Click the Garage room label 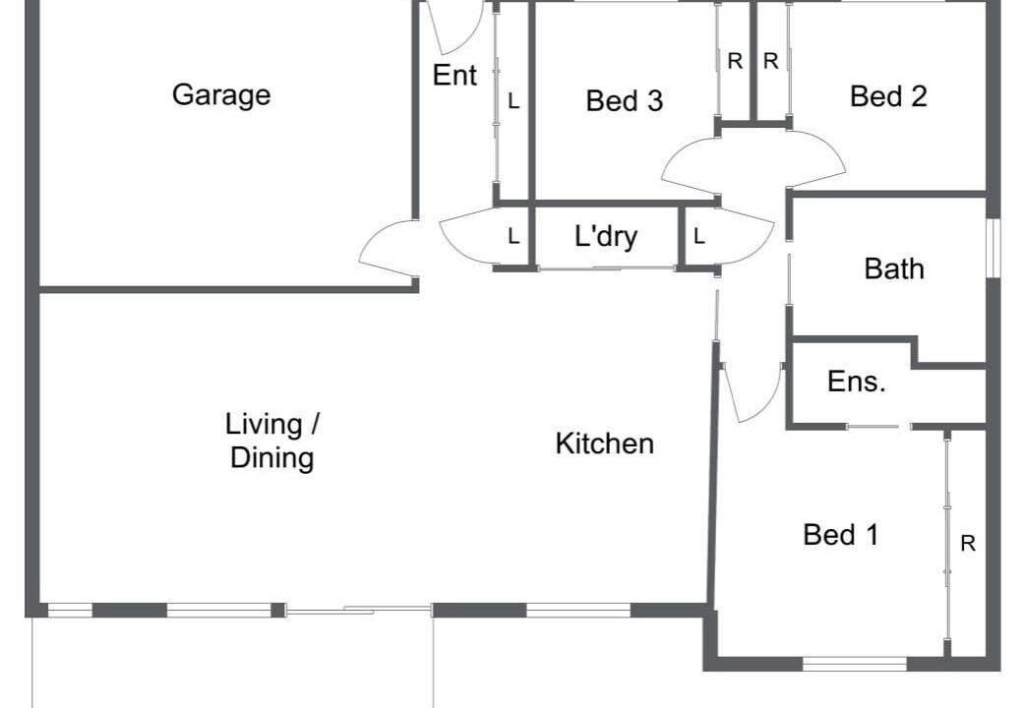click(x=221, y=95)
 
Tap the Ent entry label click(x=455, y=75)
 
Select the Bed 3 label click(x=625, y=100)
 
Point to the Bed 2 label click(x=888, y=96)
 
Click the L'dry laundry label click(x=606, y=236)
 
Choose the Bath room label click(x=894, y=268)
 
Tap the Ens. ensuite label click(x=857, y=382)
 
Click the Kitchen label click(x=605, y=443)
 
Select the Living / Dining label click(x=271, y=441)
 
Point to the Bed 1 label click(x=841, y=535)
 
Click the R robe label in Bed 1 click(x=968, y=543)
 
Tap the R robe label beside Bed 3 click(x=735, y=61)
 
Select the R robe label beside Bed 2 click(x=770, y=61)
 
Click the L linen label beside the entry click(x=513, y=101)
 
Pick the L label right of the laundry click(x=699, y=236)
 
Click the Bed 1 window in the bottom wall click(x=855, y=664)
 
